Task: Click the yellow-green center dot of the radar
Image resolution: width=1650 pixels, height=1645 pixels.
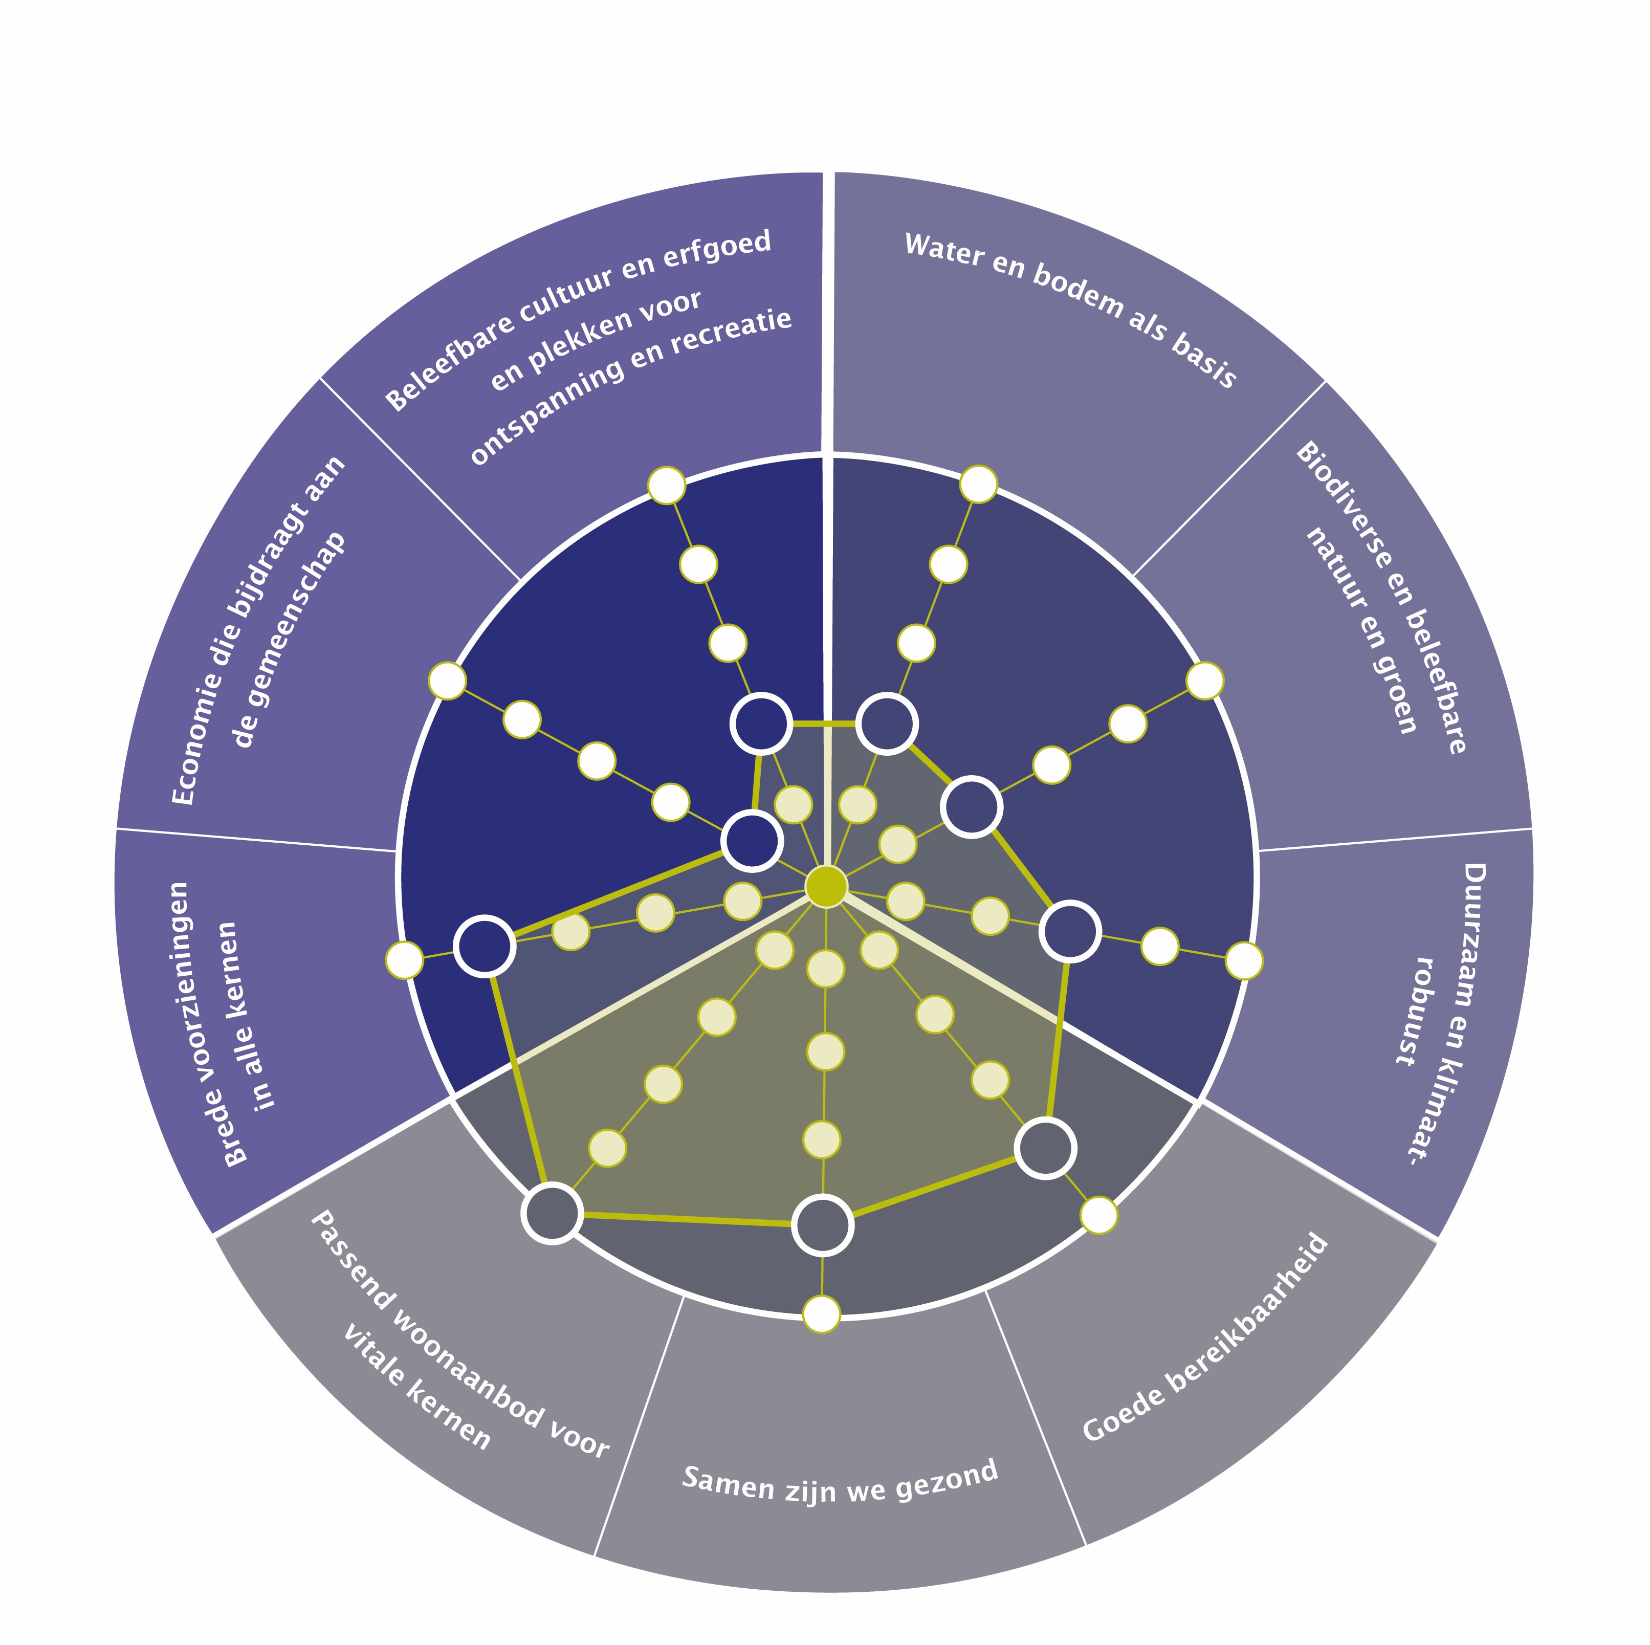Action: point(826,886)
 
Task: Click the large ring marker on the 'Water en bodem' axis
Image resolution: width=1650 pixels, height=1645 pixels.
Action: point(887,723)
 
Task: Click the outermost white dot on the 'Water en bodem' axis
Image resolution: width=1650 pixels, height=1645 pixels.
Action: point(979,484)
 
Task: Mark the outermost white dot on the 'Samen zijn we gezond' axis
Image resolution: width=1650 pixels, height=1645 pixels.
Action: point(822,1313)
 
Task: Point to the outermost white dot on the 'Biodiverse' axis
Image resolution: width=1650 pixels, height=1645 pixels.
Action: point(1204,681)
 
